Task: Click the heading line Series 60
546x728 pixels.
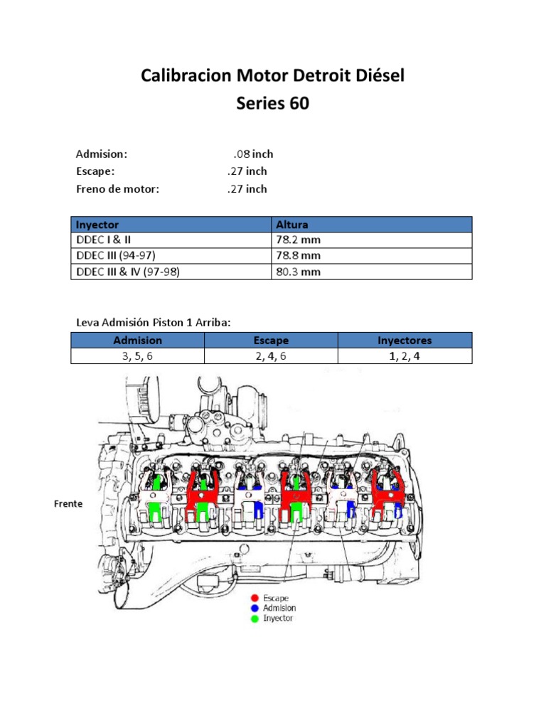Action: click(272, 103)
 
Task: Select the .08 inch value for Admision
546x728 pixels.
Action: click(253, 154)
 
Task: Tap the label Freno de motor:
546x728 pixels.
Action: click(118, 188)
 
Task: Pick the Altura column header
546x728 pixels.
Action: click(292, 225)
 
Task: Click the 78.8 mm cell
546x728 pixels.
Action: click(298, 256)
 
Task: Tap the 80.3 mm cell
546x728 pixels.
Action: click(298, 272)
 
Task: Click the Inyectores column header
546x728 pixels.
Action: click(405, 341)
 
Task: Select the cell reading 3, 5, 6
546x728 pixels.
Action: click(137, 356)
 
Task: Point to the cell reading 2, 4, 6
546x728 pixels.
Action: click(271, 356)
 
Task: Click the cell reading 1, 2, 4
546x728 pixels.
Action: click(405, 356)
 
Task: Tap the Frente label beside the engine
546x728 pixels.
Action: click(68, 504)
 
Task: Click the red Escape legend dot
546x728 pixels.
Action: click(255, 598)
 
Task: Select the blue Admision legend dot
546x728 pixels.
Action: click(255, 608)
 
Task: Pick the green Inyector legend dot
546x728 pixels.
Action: click(255, 618)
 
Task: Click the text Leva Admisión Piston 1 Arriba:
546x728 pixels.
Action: click(154, 323)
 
